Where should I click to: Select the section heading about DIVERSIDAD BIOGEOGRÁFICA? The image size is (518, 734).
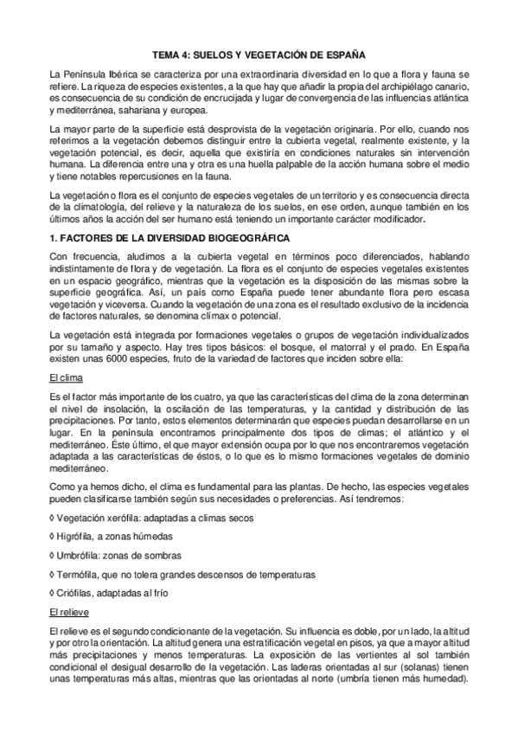click(x=171, y=236)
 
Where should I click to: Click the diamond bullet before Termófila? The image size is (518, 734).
click(x=54, y=574)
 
